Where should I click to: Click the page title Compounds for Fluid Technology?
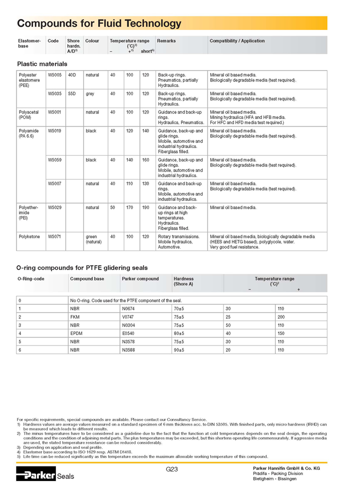tap(99, 23)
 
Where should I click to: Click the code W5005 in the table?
tap(54, 75)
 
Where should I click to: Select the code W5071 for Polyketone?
tap(54, 236)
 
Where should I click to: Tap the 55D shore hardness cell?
tap(72, 93)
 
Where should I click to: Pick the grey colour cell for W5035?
tap(90, 93)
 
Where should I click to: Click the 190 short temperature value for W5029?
tap(145, 207)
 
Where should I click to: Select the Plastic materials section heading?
tap(42, 64)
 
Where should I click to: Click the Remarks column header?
tap(166, 41)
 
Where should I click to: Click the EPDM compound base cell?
tap(76, 333)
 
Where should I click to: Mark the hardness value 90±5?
tap(178, 350)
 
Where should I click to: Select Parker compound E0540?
tap(128, 333)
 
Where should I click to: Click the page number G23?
tap(171, 469)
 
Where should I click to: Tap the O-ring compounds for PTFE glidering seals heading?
tap(82, 268)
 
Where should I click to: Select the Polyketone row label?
tap(29, 236)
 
